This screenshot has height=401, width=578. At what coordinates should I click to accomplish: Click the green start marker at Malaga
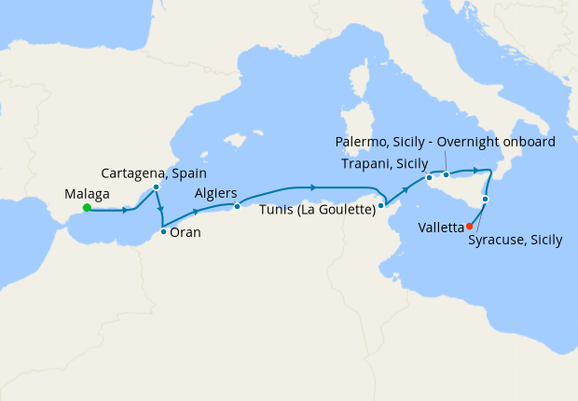pos(86,208)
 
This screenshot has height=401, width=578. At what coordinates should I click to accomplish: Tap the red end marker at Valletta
pos(469,226)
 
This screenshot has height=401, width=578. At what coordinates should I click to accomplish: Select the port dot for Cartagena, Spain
pos(156,187)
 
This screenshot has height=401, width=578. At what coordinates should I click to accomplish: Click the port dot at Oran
pos(163,231)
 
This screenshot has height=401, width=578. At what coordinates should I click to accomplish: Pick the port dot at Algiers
pos(237,206)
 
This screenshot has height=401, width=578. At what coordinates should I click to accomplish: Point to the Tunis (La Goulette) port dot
pos(381,205)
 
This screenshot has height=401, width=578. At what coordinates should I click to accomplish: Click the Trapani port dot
pos(429,177)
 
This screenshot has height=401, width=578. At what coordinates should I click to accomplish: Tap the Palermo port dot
pos(447,174)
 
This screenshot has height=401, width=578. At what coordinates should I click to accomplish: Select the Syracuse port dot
pos(486,200)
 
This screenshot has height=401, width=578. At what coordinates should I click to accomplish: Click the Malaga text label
pos(87,193)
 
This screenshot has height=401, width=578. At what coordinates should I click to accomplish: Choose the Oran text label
pos(186,233)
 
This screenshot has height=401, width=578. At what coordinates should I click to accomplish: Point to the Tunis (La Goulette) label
pos(317,210)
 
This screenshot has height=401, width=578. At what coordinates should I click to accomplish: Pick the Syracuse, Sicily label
pos(516,240)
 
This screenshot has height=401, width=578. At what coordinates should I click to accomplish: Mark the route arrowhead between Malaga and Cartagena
pos(124,210)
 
